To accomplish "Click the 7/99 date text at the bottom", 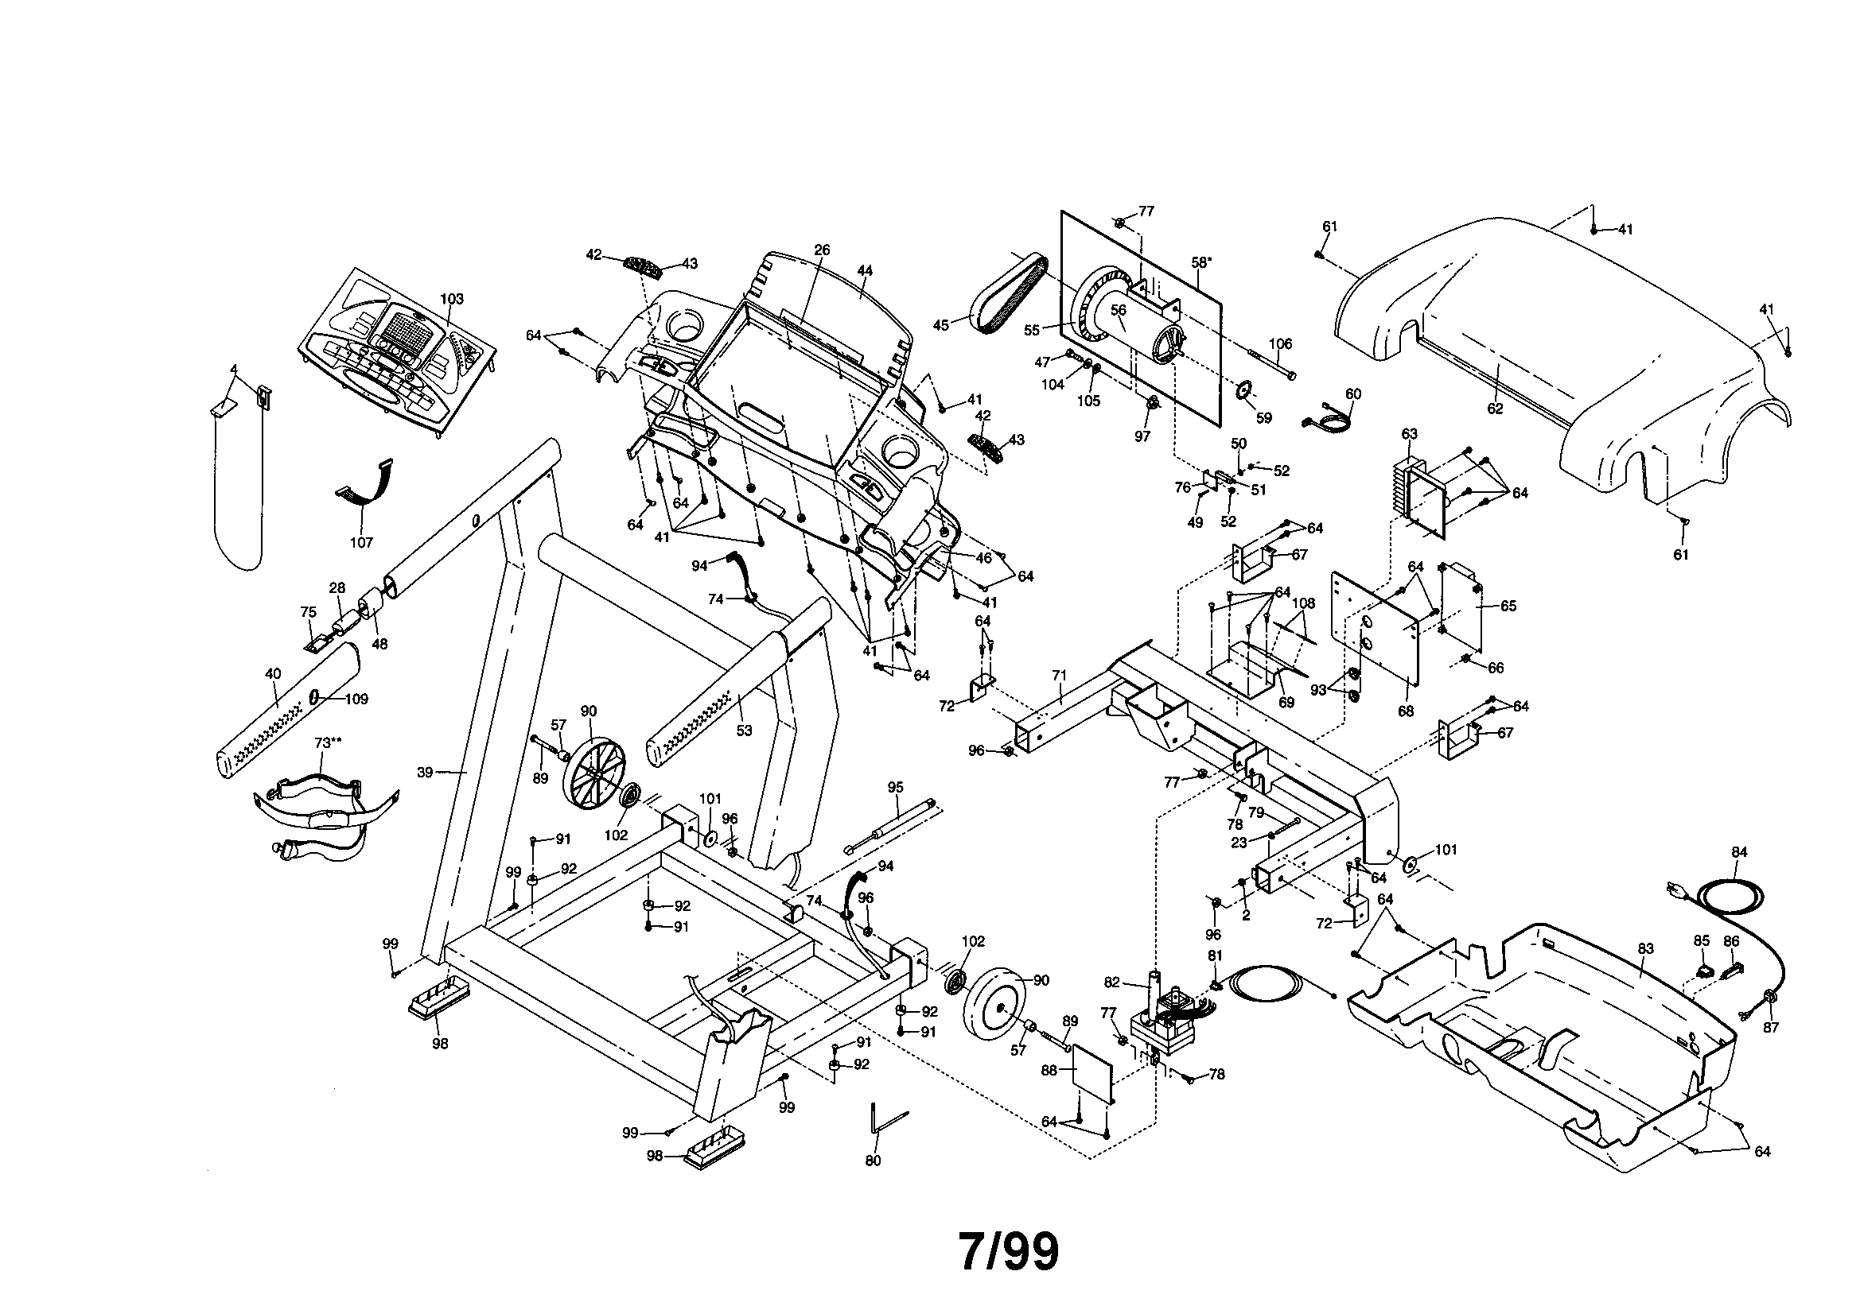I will [1009, 1253].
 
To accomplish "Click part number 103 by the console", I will [451, 299].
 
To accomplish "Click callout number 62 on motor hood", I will [1495, 409].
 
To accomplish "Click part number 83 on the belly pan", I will [1645, 949].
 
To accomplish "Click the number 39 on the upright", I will [426, 773].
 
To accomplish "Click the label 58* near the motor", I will [1201, 262].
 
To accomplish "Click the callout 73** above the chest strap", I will [327, 742].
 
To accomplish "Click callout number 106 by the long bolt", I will [1280, 344].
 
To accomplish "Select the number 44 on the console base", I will [866, 271].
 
